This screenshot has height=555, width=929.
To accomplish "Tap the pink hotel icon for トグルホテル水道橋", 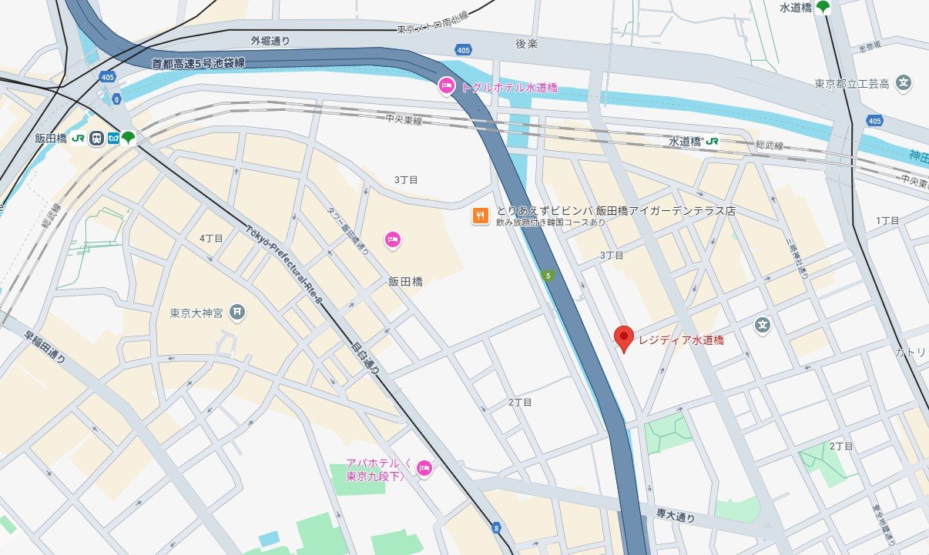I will [446, 87].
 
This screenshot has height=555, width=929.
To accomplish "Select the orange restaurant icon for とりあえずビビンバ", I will [480, 216].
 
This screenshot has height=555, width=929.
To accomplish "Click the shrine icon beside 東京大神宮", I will [238, 313].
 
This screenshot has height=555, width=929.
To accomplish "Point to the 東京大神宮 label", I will [196, 313].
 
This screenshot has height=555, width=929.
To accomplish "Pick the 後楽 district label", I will [526, 44].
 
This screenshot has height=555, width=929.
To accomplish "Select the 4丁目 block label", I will [211, 239].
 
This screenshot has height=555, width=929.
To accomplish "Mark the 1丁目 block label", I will [887, 221].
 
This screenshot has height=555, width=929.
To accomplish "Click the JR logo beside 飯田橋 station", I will [78, 139].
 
